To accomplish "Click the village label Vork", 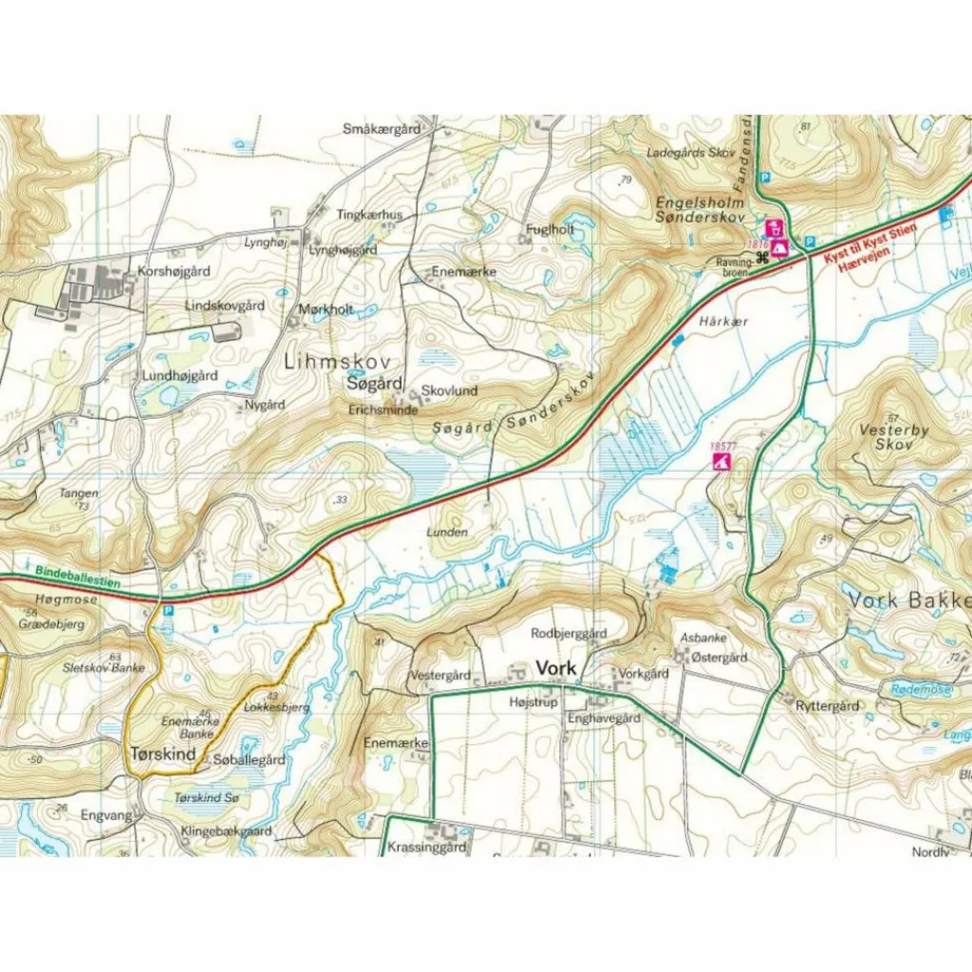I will click(x=556, y=668).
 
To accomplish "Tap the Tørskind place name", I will click(x=161, y=755).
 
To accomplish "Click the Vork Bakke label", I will click(x=908, y=601).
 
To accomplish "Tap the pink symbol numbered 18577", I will click(x=722, y=461).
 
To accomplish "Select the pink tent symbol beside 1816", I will click(x=779, y=249).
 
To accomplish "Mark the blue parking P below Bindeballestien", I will click(x=168, y=612).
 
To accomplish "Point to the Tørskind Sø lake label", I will click(x=207, y=798).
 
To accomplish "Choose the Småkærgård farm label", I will click(x=382, y=129).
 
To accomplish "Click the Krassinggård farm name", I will click(x=426, y=848).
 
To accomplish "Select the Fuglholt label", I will click(x=551, y=229).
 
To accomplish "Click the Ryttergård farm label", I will click(x=827, y=705).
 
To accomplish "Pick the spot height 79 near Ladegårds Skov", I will click(x=625, y=180).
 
